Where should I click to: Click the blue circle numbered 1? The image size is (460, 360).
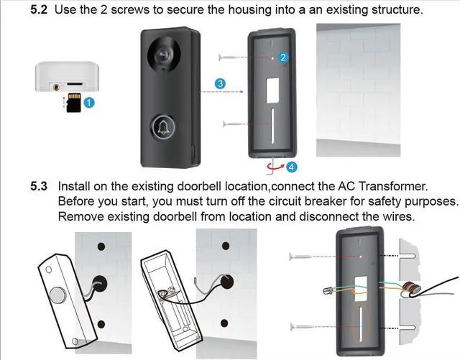(89, 103)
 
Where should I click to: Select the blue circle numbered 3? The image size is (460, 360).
(220, 84)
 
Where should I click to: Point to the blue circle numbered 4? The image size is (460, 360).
(291, 167)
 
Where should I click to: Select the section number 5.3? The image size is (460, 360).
(39, 185)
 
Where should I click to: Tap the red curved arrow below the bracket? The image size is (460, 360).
(274, 166)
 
